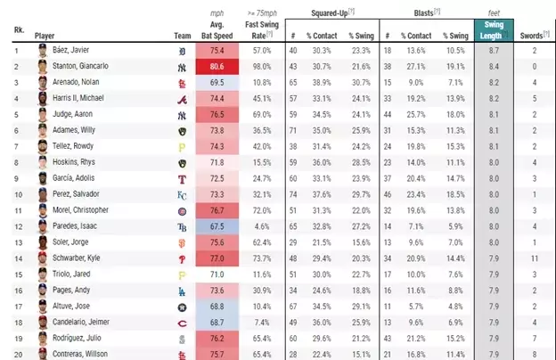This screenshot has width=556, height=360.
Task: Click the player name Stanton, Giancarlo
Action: click(x=79, y=66)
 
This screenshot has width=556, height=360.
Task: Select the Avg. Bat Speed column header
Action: click(x=217, y=30)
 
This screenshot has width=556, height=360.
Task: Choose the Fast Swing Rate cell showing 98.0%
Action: click(x=261, y=66)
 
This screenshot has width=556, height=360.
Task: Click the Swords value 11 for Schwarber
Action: click(x=534, y=258)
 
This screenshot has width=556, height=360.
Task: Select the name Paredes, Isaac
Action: click(x=75, y=226)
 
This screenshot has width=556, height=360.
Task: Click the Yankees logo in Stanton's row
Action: click(x=182, y=66)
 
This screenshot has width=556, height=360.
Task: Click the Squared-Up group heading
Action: click(x=329, y=14)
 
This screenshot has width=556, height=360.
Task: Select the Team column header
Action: click(x=182, y=37)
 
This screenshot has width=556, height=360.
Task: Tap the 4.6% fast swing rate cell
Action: click(x=261, y=226)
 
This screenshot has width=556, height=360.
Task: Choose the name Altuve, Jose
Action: click(x=71, y=306)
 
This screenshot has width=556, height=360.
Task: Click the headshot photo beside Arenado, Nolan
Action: click(x=42, y=82)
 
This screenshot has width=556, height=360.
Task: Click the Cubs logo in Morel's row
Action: click(x=182, y=210)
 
